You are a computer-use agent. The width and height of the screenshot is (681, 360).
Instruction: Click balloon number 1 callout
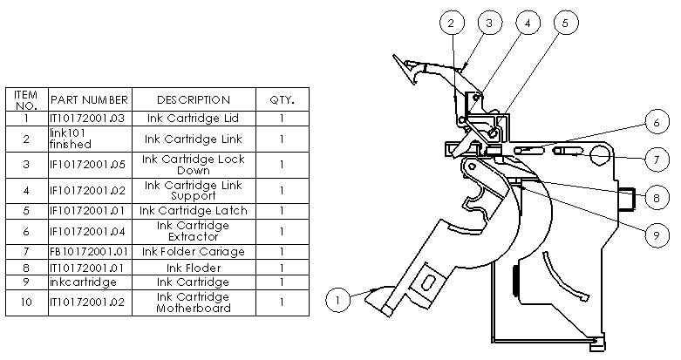[x=339, y=299]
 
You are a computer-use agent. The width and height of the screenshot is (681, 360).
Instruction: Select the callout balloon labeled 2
[x=451, y=23]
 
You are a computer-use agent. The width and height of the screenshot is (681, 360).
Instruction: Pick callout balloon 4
[x=526, y=23]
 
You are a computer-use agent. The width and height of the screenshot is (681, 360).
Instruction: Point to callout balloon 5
[x=564, y=23]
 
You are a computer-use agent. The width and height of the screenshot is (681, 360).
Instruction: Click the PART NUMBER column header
[x=90, y=99]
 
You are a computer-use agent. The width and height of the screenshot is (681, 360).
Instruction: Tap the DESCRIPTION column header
[x=194, y=99]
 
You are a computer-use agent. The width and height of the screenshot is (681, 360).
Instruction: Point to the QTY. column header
[x=282, y=99]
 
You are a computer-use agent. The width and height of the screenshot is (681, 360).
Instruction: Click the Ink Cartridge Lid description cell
[x=194, y=118]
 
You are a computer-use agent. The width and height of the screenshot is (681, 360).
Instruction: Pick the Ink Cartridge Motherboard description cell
[x=194, y=302]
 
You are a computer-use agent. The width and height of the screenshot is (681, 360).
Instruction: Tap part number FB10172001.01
[x=90, y=252]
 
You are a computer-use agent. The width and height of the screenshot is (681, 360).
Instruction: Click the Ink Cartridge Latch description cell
[x=194, y=210]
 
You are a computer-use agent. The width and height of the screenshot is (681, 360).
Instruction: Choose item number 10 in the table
[x=27, y=302]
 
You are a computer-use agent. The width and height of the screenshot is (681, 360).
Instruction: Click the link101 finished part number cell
[x=90, y=139]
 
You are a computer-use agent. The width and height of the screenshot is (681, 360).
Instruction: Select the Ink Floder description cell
[x=194, y=268]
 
